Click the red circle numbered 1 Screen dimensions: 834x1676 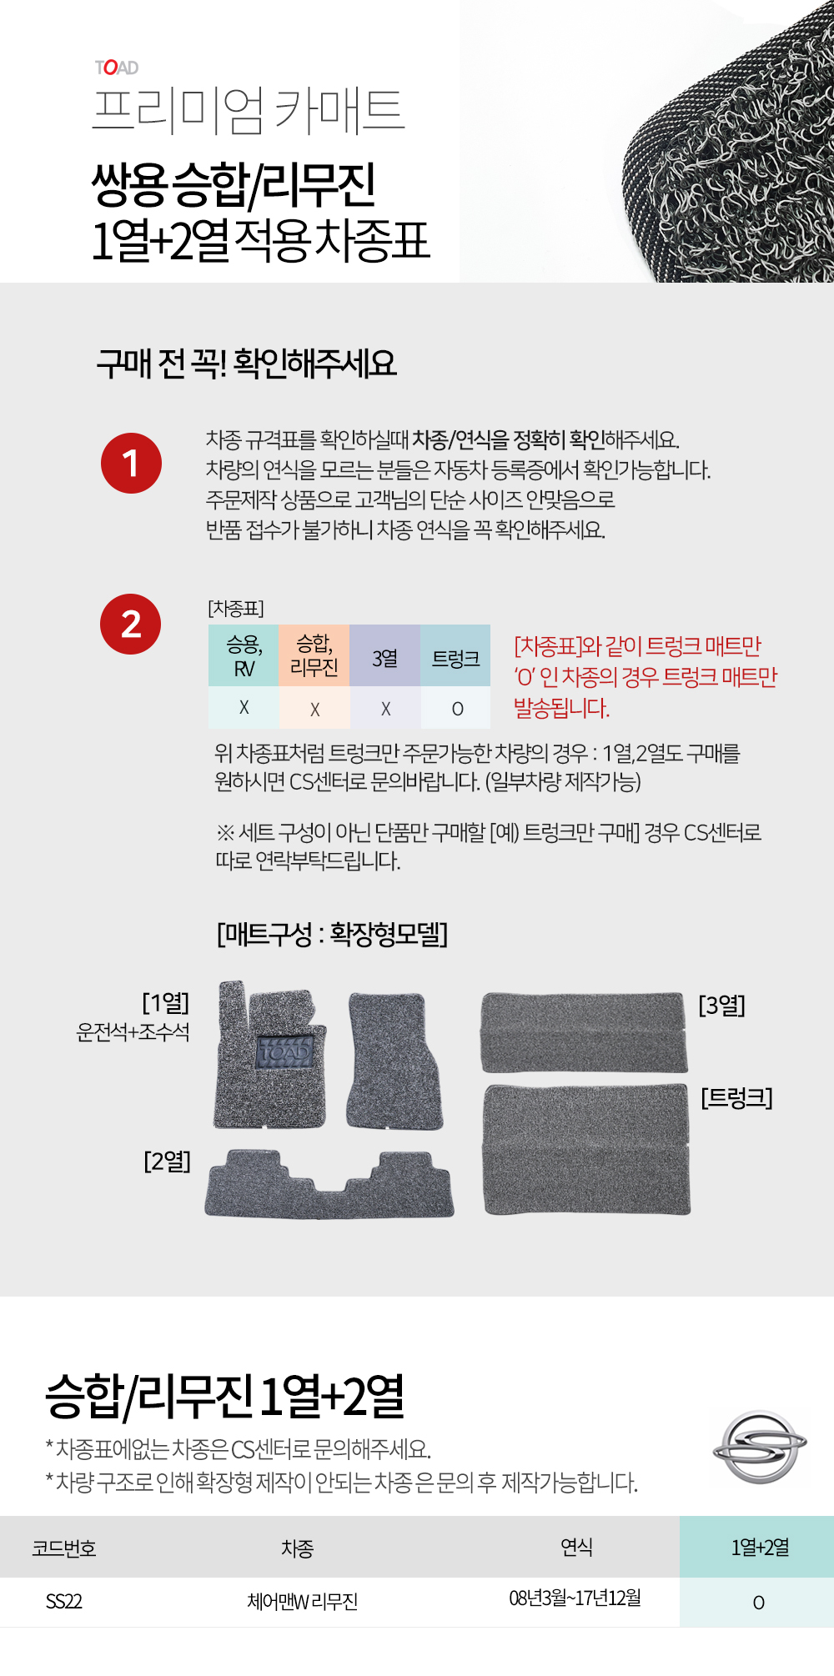click(x=131, y=463)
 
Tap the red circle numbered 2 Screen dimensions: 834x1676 click(x=131, y=624)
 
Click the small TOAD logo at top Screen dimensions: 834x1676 click(x=117, y=68)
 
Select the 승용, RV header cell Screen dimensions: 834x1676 click(x=244, y=656)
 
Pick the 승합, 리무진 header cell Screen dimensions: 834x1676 click(x=314, y=656)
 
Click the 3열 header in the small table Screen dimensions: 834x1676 click(x=384, y=656)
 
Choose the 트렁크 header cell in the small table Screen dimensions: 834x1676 click(x=455, y=656)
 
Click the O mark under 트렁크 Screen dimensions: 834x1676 click(x=457, y=709)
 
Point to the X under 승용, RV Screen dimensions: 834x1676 click(x=244, y=707)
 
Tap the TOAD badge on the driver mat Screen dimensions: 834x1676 click(x=284, y=1052)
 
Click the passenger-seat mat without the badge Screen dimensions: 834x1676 click(x=394, y=1061)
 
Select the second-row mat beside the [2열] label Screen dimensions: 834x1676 click(x=329, y=1184)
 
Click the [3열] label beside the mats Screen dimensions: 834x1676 click(x=721, y=1005)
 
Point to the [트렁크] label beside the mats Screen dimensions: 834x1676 click(x=736, y=1097)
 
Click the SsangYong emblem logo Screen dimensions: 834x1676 click(x=760, y=1447)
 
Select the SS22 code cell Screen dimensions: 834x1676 click(x=64, y=1601)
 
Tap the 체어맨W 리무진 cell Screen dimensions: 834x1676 click(x=302, y=1601)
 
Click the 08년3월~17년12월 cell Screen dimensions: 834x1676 click(x=575, y=1598)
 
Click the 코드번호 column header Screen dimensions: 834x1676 click(x=64, y=1548)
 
